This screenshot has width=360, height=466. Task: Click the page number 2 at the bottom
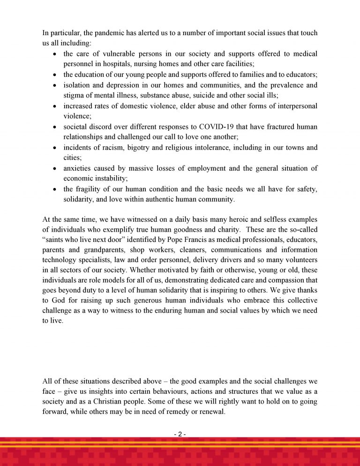pos(180,435)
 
